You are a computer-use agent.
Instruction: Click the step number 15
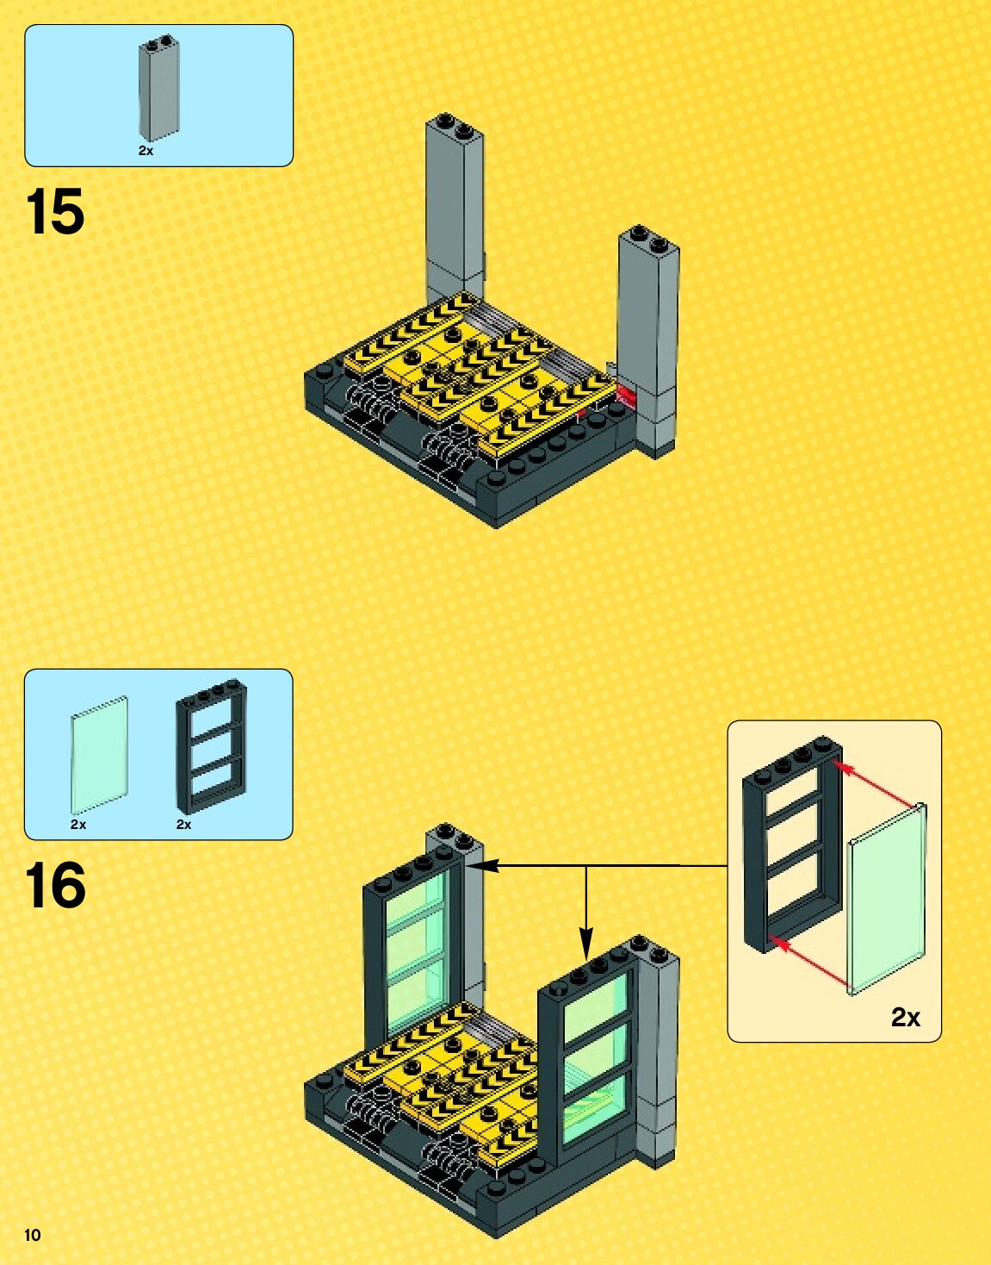[x=56, y=212]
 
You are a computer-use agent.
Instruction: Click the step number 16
[x=56, y=886]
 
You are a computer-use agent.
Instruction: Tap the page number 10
[x=33, y=1235]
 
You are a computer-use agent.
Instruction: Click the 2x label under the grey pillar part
[x=146, y=150]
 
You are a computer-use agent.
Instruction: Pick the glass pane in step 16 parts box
[x=99, y=754]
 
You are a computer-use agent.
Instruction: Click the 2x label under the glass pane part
[x=78, y=825]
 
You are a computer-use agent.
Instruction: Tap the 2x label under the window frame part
[x=183, y=825]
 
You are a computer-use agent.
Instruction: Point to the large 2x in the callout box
[x=905, y=1018]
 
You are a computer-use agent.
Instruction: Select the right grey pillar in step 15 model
[x=647, y=336]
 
